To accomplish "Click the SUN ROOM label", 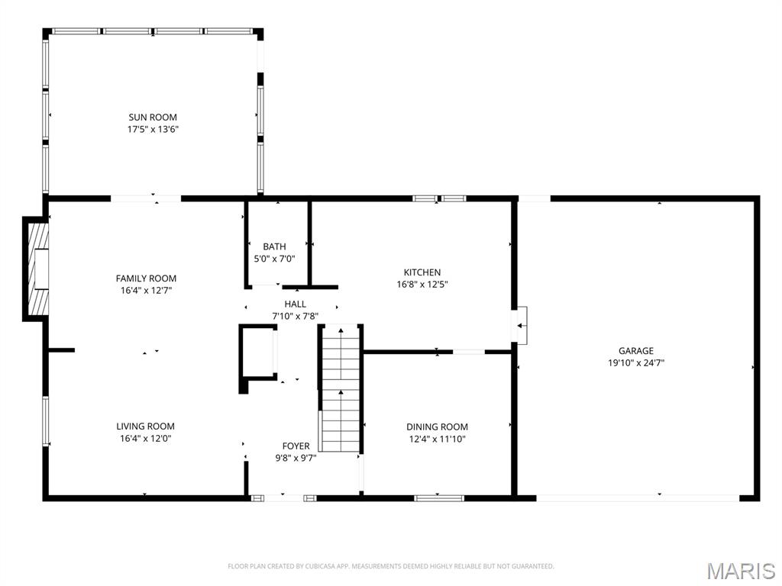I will coord(153,117).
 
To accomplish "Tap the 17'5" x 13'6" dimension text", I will coord(153,129).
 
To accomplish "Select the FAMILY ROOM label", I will coord(146,279).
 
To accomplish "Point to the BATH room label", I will coord(274,246).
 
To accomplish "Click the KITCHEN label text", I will coord(422,272).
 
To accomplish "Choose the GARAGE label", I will coord(636,351).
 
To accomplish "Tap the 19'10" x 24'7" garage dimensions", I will coord(636,363).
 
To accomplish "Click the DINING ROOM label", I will coord(437,427).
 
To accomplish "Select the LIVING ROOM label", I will coord(145,427).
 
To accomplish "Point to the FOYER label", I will coord(296,446).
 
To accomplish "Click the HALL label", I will coord(296,304).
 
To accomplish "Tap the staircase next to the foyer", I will coord(340,389).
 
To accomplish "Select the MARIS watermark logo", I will coord(739,571).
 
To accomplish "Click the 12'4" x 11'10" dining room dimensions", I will coord(437,439).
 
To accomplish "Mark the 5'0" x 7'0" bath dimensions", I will coord(274,259).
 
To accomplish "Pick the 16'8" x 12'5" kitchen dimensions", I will coord(422,285).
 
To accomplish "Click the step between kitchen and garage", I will coord(522,326).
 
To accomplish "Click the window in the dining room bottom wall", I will coord(439,498).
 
